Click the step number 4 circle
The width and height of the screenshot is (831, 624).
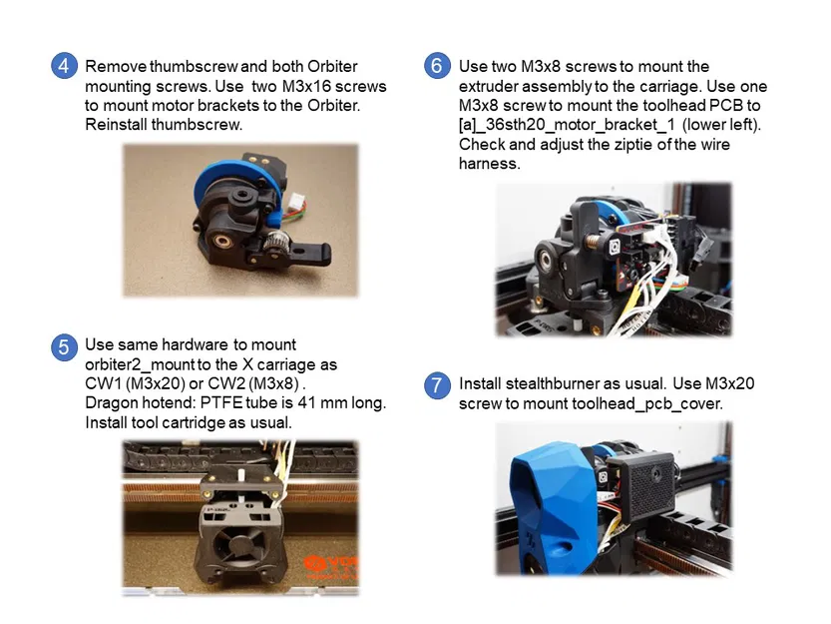click(x=64, y=66)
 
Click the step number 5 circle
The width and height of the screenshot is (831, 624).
click(x=64, y=346)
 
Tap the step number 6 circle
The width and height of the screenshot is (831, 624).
click(x=437, y=66)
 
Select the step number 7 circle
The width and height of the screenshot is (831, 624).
click(x=437, y=385)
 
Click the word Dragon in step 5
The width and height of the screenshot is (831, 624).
click(x=111, y=403)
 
